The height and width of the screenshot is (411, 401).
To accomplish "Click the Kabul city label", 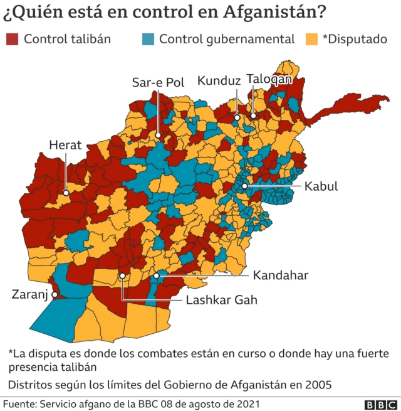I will coord(321,186).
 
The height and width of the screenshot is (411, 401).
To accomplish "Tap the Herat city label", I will coord(65,145).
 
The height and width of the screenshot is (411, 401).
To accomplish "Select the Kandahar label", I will coord(281,275).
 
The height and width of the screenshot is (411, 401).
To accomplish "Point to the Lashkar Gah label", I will coord(222,300).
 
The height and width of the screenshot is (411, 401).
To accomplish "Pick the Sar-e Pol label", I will coord(157,82).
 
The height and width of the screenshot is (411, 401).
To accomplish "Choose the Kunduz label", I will coord(219,81).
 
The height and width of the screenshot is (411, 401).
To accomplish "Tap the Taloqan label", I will coord(269,79).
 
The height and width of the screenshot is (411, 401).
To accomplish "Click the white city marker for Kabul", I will coord(244,186).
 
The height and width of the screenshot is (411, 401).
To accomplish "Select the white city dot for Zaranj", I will coord(55,294).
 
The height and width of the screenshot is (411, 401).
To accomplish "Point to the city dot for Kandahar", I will coord(156,275).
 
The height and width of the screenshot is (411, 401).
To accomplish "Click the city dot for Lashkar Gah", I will coord(123,275).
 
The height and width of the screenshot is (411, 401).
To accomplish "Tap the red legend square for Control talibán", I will coord(13,39).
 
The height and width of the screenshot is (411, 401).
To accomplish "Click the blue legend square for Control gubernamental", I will coord(147,39).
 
